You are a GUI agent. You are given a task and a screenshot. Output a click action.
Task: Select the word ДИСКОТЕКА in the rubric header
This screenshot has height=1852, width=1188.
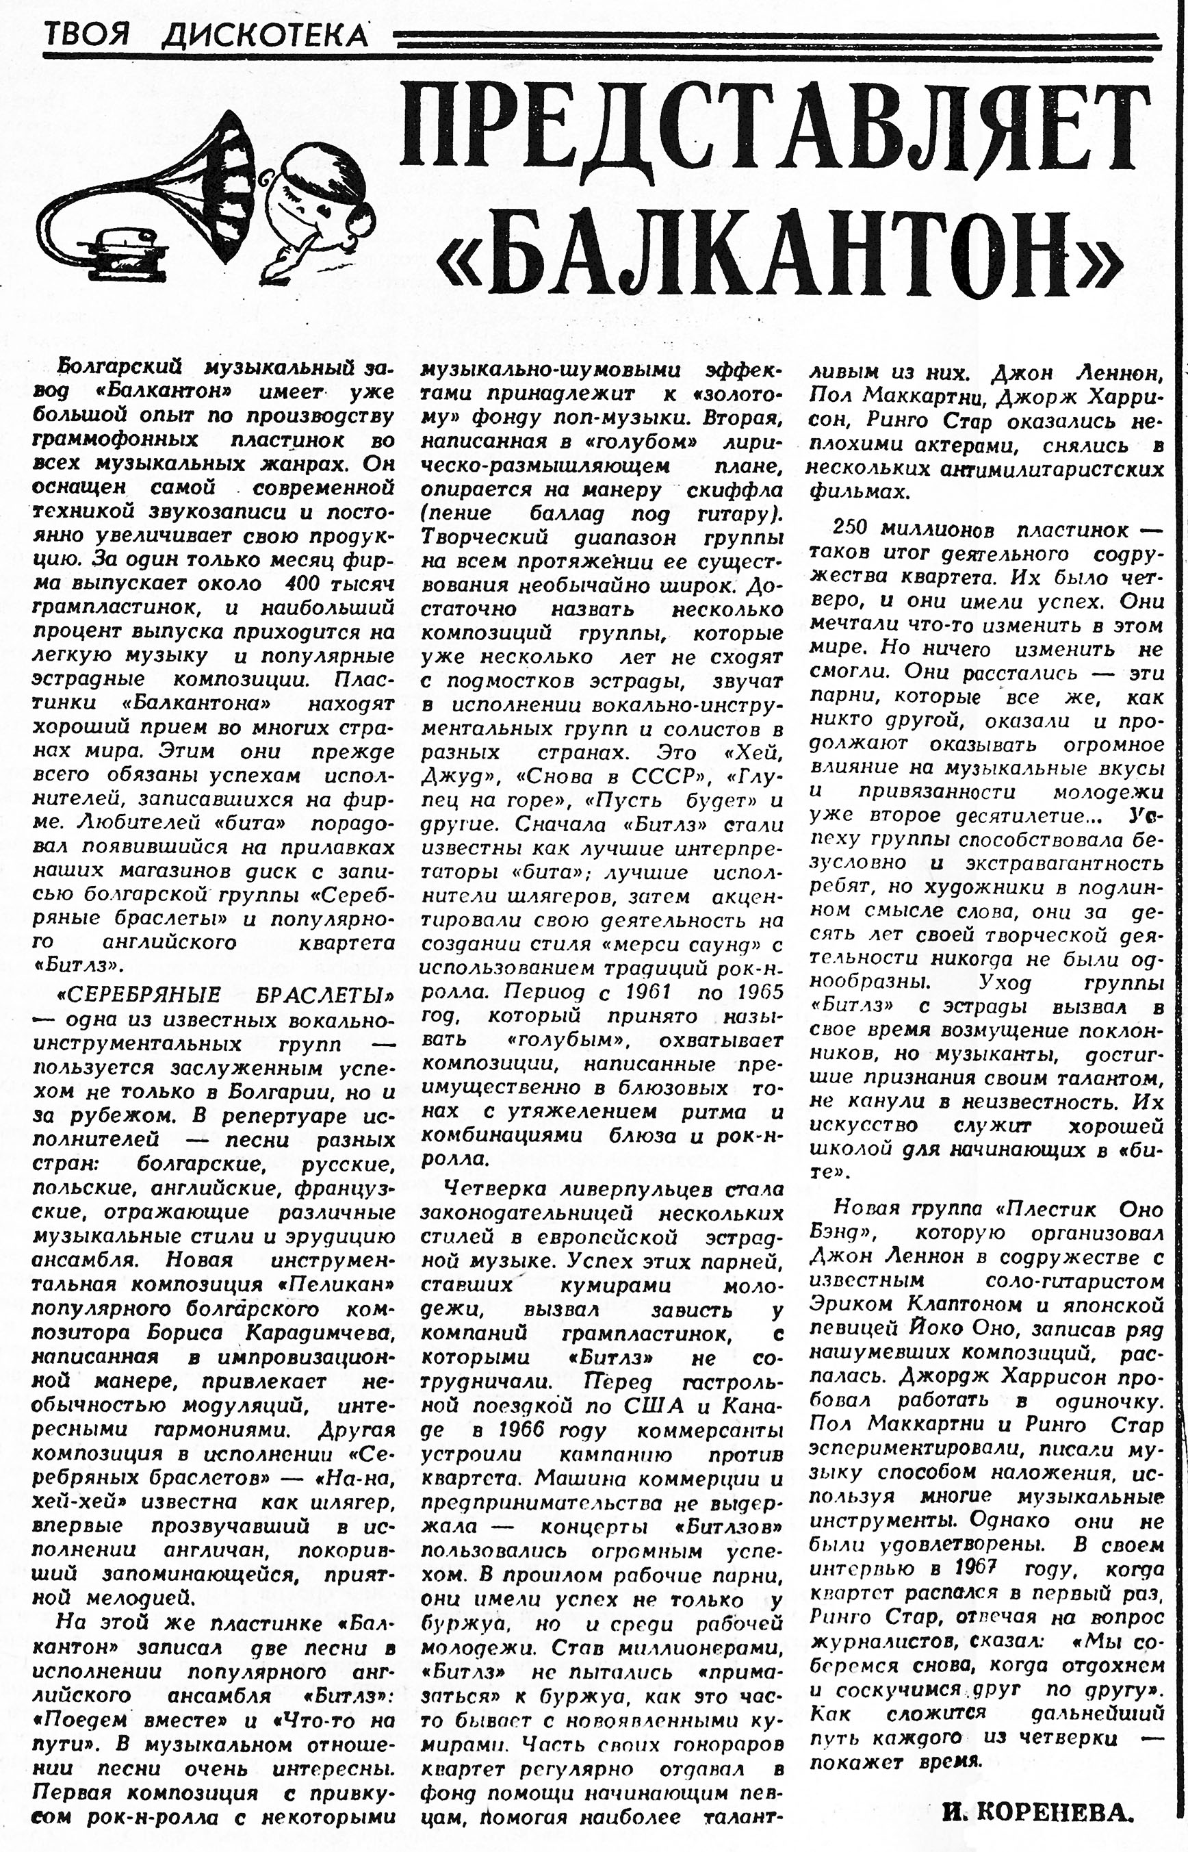point(266,35)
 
